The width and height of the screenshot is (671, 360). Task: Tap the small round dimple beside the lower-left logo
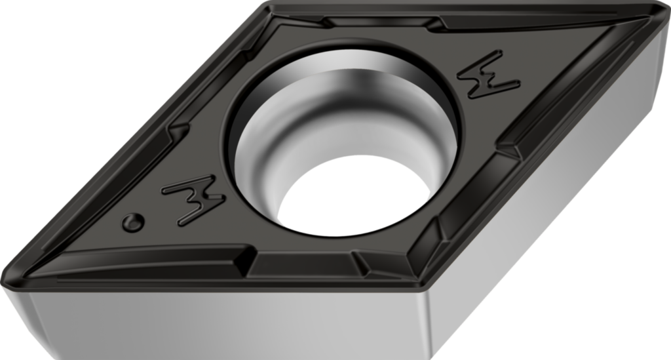click(133, 222)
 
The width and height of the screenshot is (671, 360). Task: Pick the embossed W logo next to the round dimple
click(193, 199)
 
